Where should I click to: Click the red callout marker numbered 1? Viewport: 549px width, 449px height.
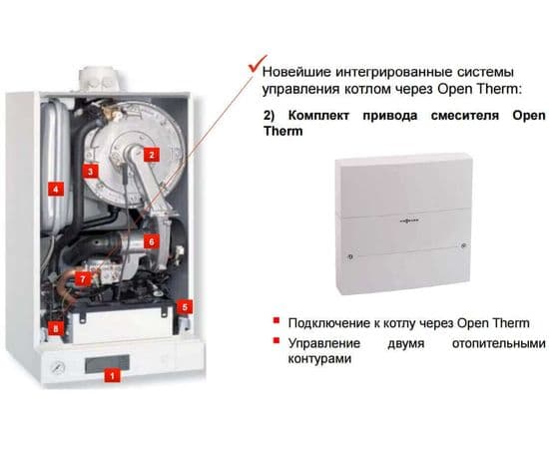pyautogui.click(x=112, y=376)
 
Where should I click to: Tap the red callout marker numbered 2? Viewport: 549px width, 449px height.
pyautogui.click(x=152, y=155)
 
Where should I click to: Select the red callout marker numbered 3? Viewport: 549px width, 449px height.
pyautogui.click(x=90, y=172)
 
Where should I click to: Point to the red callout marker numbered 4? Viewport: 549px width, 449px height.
pyautogui.click(x=55, y=189)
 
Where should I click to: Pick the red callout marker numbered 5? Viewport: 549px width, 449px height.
pyautogui.click(x=185, y=307)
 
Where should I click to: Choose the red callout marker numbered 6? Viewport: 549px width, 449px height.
pyautogui.click(x=152, y=241)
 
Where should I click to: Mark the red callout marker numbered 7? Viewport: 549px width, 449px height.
pyautogui.click(x=83, y=279)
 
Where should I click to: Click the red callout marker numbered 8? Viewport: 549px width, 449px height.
pyautogui.click(x=56, y=328)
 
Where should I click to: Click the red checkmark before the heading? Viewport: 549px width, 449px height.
pyautogui.click(x=257, y=63)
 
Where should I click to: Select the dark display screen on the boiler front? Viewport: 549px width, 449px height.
pyautogui.click(x=107, y=363)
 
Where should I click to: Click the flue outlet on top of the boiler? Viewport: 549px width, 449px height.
pyautogui.click(x=99, y=80)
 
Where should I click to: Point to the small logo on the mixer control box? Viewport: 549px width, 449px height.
pyautogui.click(x=409, y=221)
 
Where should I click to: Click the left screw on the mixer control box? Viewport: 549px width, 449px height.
pyautogui.click(x=350, y=256)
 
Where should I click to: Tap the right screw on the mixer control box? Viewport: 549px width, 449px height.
pyautogui.click(x=463, y=245)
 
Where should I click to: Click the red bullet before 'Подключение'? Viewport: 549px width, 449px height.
pyautogui.click(x=276, y=320)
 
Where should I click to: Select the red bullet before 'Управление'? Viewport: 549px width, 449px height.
pyautogui.click(x=276, y=340)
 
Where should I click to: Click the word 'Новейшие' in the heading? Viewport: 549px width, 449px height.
pyautogui.click(x=296, y=72)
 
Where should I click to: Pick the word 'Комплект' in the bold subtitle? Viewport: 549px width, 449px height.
pyautogui.click(x=318, y=116)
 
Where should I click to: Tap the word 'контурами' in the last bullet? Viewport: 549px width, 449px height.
pyautogui.click(x=319, y=359)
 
